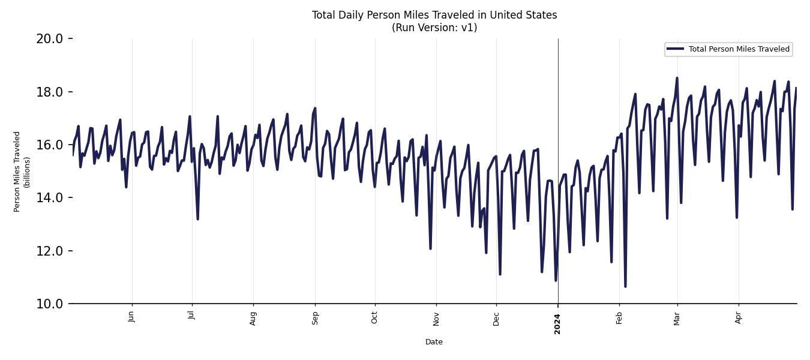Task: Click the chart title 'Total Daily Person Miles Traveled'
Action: pyautogui.click(x=434, y=15)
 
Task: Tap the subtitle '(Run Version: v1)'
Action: pyautogui.click(x=434, y=28)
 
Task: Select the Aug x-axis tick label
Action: pyautogui.click(x=253, y=317)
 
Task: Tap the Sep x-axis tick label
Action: pyautogui.click(x=315, y=317)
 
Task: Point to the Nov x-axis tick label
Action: pyautogui.click(x=436, y=317)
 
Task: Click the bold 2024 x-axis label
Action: pyautogui.click(x=557, y=323)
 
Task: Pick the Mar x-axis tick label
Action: pyautogui.click(x=677, y=317)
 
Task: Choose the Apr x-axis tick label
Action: pyautogui.click(x=739, y=317)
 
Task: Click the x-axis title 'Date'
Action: pyautogui.click(x=434, y=342)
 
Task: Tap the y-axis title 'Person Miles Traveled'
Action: pyautogui.click(x=17, y=172)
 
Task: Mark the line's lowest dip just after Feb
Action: pyautogui.click(x=625, y=286)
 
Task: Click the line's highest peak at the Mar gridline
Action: pyautogui.click(x=677, y=78)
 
